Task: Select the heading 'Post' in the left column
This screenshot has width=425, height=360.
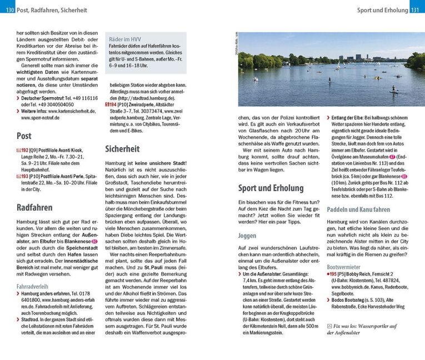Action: [24, 135]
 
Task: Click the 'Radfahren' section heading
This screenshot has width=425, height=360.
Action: [34, 208]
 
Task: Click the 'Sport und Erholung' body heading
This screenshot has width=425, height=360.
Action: [271, 188]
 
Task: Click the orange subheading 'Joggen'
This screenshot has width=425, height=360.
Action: [247, 236]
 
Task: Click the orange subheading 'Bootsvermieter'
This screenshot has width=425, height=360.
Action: [344, 267]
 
